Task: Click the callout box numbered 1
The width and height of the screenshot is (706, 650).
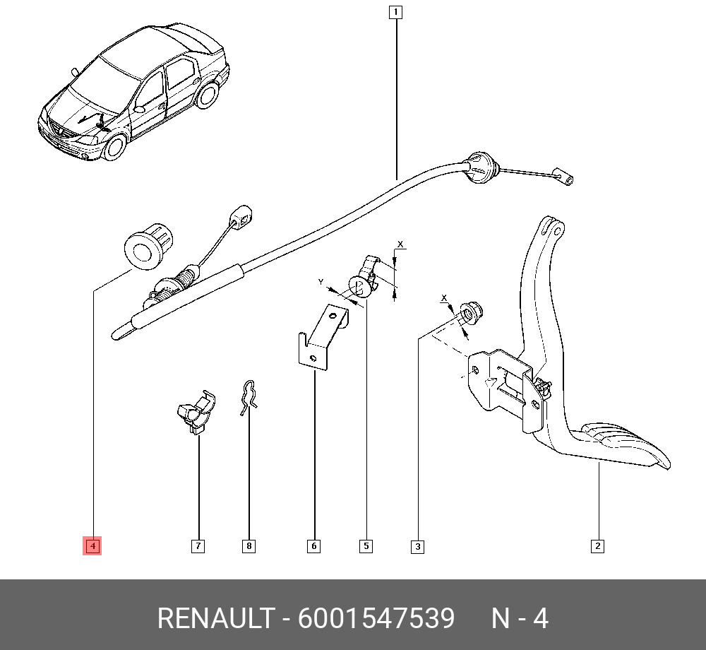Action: point(395,12)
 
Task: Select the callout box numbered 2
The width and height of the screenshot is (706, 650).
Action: point(597,545)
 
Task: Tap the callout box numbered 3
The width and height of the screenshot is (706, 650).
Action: point(417,546)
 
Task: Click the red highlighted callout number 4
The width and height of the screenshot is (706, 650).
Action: point(92,545)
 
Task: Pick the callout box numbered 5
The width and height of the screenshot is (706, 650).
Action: point(366,545)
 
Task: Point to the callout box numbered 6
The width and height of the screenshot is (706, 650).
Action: point(313,545)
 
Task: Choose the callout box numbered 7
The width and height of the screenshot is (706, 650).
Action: point(198,545)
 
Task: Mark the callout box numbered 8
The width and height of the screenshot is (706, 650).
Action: point(249,545)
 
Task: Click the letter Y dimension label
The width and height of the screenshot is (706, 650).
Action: point(321,282)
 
